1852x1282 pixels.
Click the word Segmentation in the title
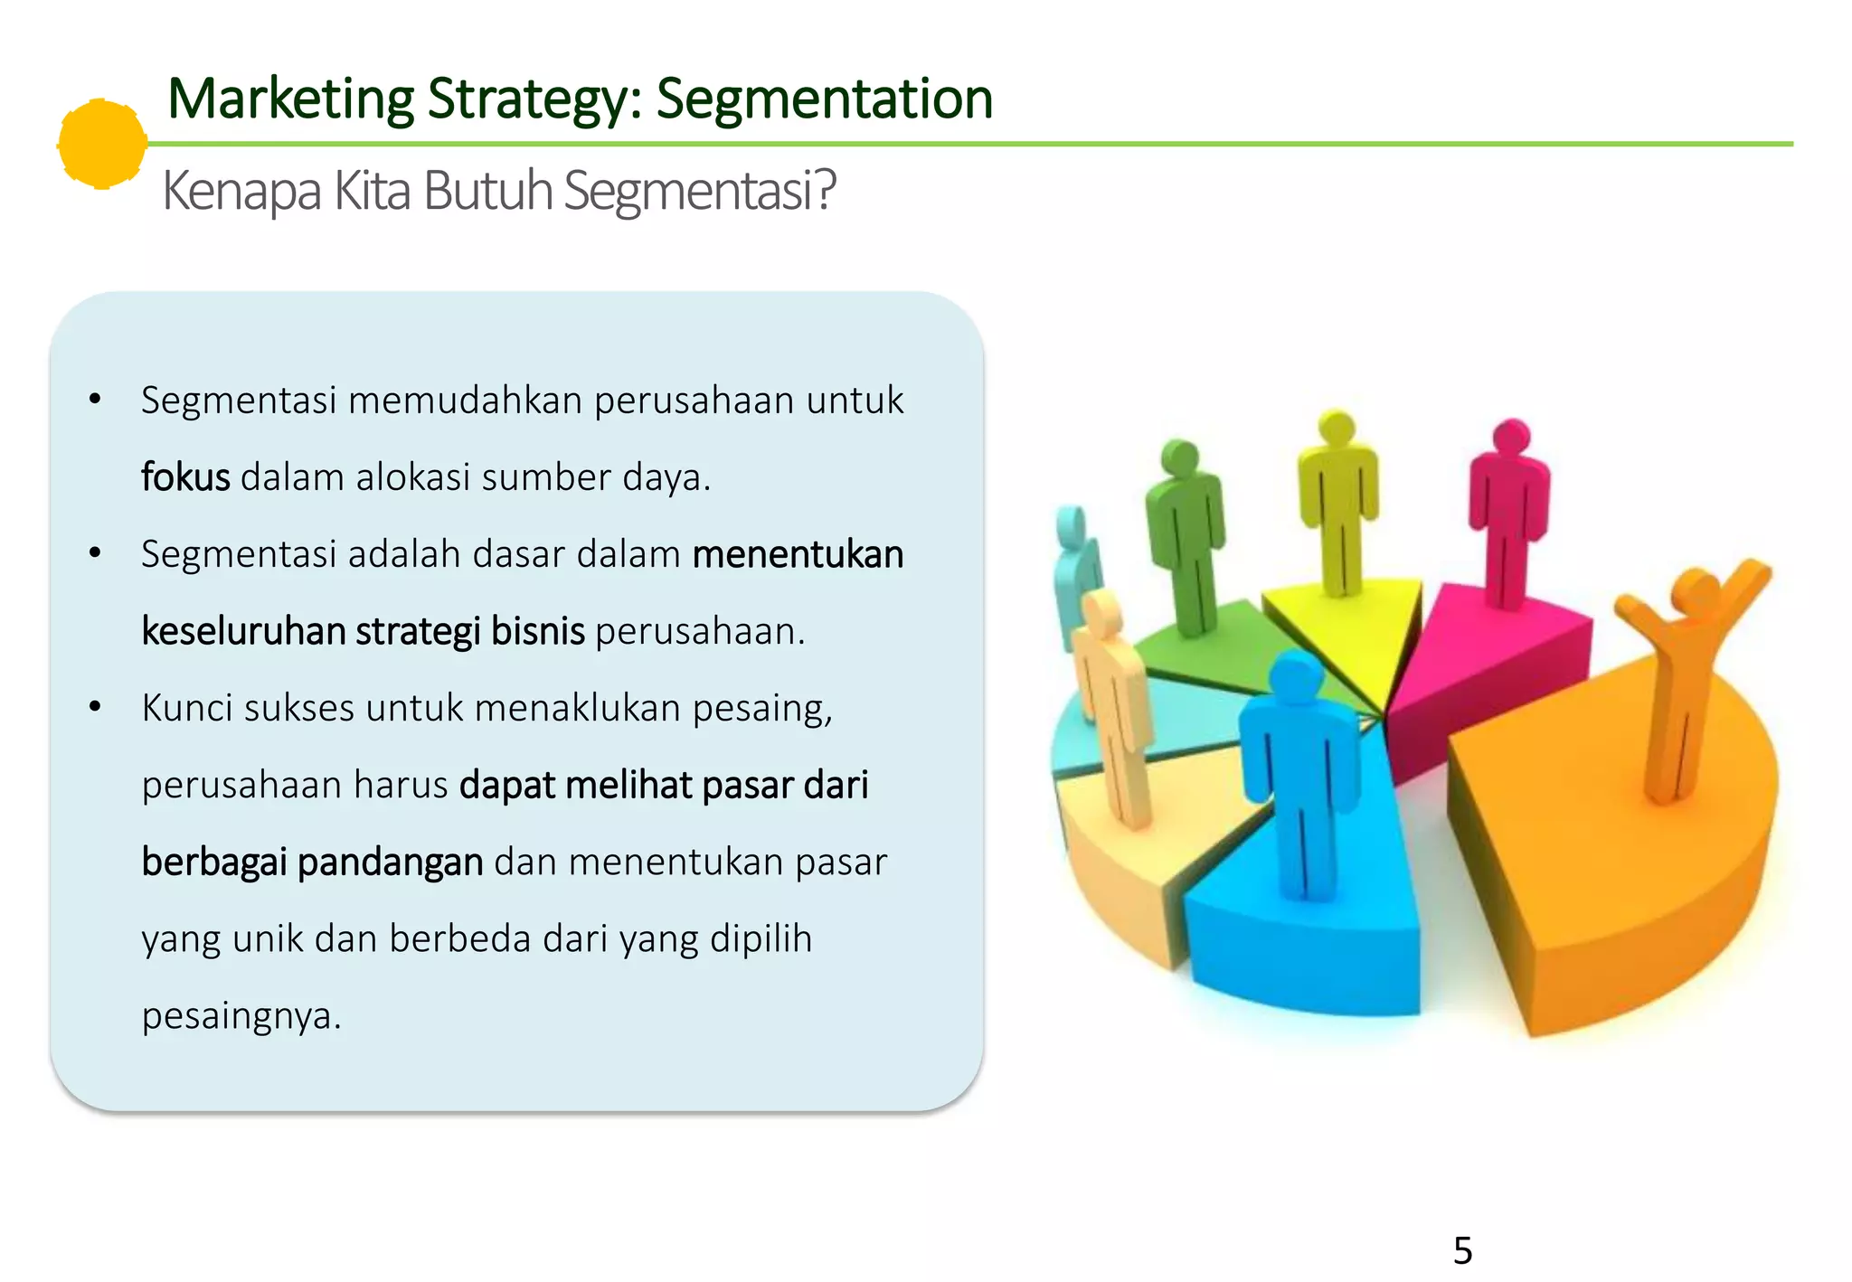click(824, 99)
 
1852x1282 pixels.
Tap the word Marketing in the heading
click(290, 99)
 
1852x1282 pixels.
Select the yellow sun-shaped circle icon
click(102, 144)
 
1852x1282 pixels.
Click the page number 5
click(1462, 1250)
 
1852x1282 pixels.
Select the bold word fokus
click(185, 477)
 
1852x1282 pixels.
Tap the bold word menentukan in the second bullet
click(798, 554)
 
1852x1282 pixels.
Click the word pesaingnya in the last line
click(241, 1015)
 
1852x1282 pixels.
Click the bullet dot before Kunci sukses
click(95, 707)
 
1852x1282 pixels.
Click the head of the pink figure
click(1511, 438)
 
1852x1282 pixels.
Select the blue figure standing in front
click(1299, 768)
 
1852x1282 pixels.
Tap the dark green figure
click(1186, 533)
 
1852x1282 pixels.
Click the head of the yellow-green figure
click(1337, 428)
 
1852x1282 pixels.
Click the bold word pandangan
click(390, 862)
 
